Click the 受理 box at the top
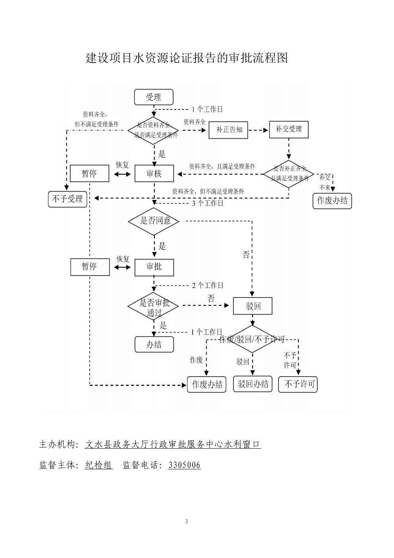point(153,97)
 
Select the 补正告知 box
point(228,130)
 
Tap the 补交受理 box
point(289,129)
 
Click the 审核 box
point(154,174)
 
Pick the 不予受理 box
point(68,198)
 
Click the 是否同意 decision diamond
point(154,221)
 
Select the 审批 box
point(154,267)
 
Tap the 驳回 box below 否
point(253,306)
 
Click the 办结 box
point(154,344)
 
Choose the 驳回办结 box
point(253,384)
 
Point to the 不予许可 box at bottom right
point(298,384)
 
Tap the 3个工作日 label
point(208,203)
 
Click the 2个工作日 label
point(208,285)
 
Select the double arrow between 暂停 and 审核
point(122,174)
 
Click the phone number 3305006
point(184,465)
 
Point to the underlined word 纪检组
point(98,465)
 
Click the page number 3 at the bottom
point(186,521)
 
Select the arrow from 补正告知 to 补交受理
point(259,130)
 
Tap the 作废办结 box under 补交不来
point(332,201)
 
